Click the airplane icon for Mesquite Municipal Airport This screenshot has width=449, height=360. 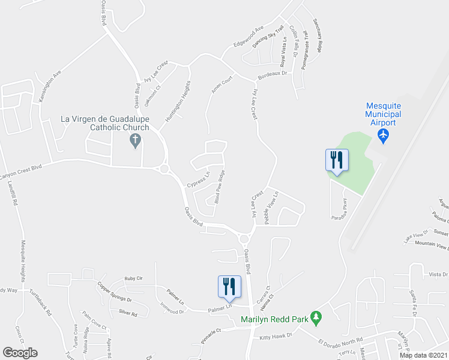click(383, 136)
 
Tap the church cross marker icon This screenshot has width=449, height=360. click(135, 141)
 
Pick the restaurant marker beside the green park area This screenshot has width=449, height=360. click(337, 160)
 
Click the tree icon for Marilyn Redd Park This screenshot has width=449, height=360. click(316, 319)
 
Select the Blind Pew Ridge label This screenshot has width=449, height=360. click(220, 187)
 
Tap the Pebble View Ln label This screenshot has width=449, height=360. click(271, 208)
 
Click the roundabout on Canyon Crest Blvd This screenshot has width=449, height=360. click(164, 169)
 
